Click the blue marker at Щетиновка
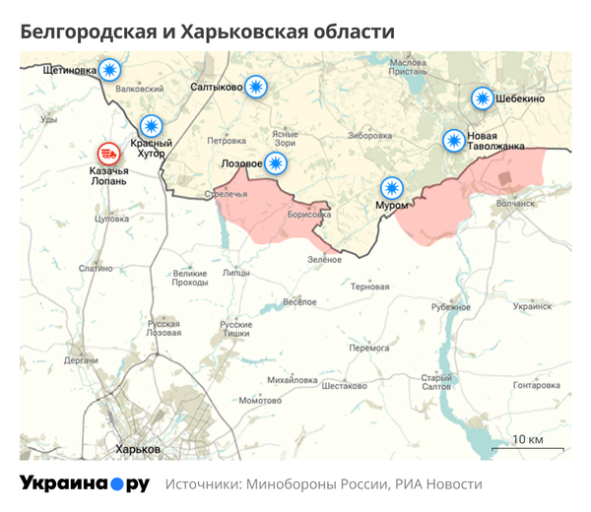110,70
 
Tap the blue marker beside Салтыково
256,87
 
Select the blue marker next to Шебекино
482,98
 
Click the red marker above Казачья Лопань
107,154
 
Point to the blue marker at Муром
392,187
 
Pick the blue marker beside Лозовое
277,162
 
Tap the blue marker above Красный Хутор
151,126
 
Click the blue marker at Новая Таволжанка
454,141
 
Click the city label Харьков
138,449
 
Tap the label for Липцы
236,272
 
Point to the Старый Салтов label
435,383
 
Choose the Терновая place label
370,287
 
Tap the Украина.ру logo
85,483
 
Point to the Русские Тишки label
235,330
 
